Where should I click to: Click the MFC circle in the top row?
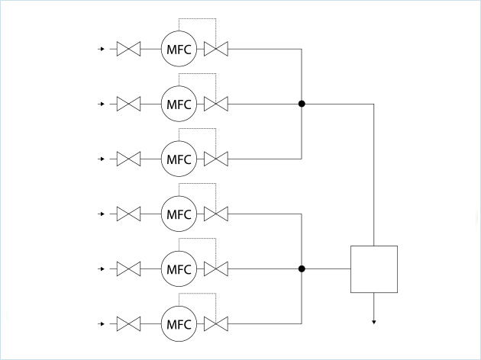click(179, 50)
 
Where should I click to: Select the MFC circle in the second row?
click(179, 104)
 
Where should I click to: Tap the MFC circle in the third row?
click(179, 159)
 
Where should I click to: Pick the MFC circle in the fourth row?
click(179, 214)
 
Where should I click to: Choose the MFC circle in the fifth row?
click(179, 269)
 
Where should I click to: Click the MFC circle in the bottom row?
click(179, 324)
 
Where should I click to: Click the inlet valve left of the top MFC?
click(128, 50)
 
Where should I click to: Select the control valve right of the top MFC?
click(217, 50)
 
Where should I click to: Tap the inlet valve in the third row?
click(128, 159)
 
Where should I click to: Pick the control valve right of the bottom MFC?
click(217, 324)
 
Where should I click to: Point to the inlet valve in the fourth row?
click(128, 214)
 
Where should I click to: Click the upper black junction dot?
click(302, 104)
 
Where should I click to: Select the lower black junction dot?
click(302, 268)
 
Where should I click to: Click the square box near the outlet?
click(373, 269)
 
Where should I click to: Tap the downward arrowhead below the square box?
click(373, 322)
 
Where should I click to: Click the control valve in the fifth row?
click(217, 269)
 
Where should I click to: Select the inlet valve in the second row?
click(128, 104)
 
